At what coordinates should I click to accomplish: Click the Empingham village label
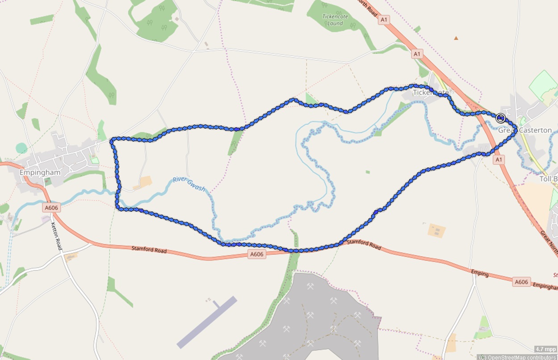pos(34,172)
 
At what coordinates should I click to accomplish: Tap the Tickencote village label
pos(430,92)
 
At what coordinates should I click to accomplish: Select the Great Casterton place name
pos(525,130)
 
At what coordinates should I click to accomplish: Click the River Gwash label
pos(189,184)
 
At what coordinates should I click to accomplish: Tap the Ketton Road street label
pos(56,236)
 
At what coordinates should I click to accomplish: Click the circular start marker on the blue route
pos(500,118)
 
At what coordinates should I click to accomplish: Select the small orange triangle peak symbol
pos(456,38)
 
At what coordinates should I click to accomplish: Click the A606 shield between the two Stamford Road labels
pos(256,254)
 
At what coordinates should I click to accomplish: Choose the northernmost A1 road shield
pos(383,20)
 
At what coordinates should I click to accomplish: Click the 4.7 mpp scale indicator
pos(545,349)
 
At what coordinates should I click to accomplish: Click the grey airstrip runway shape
pos(206,322)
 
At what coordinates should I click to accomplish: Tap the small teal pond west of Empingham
pos(21,148)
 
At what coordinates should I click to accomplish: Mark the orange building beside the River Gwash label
pos(145,182)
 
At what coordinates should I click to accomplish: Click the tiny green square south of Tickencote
pos(367,172)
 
